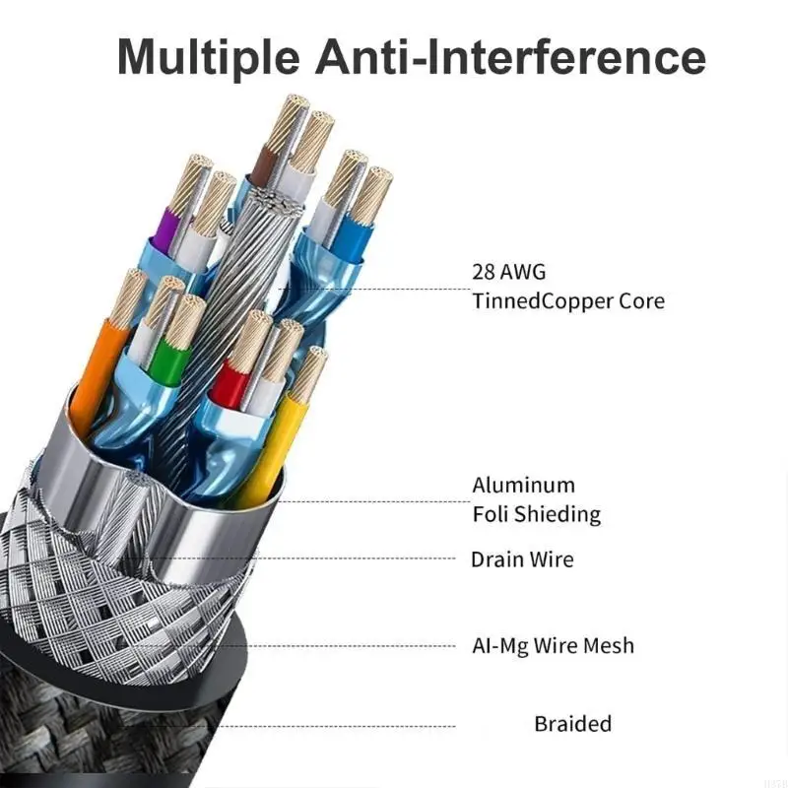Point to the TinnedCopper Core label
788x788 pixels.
pos(568,299)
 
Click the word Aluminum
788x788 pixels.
pos(523,485)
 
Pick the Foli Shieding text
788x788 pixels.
pos(536,513)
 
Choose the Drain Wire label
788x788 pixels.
pos(521,559)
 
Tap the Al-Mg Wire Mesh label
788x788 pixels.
pos(552,646)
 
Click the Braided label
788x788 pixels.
pos(572,724)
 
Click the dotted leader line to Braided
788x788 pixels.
pos(345,727)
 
